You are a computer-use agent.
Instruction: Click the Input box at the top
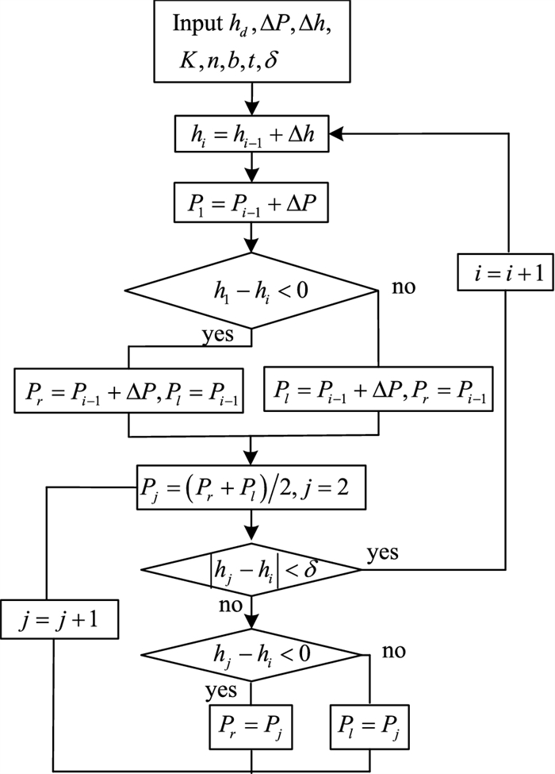click(251, 42)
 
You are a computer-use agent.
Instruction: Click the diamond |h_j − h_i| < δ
click(251, 569)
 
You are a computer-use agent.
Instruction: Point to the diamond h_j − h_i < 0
click(251, 656)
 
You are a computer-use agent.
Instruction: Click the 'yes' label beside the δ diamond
click(382, 551)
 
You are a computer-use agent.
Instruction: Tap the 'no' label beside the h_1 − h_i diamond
click(404, 286)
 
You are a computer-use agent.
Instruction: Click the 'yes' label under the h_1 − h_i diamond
click(217, 334)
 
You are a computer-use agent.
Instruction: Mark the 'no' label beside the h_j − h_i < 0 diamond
click(393, 651)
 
